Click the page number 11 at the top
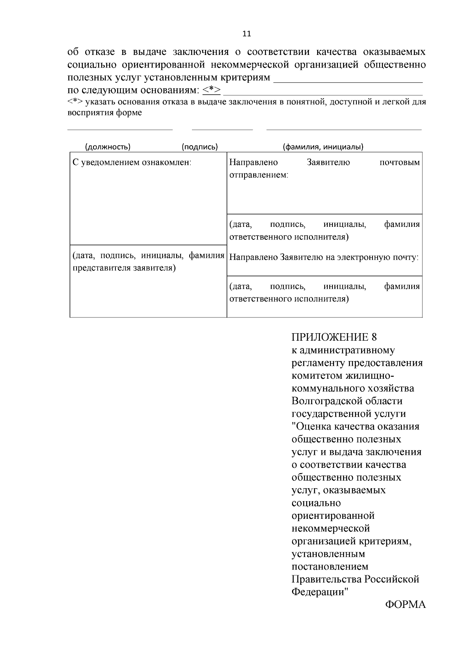coord(247,34)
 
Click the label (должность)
coord(108,147)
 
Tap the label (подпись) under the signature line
coord(200,147)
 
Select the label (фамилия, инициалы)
coord(323,147)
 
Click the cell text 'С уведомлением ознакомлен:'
coord(132,162)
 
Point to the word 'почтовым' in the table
coord(400,162)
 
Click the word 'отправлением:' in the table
coord(259,175)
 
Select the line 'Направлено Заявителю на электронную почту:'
coord(324,257)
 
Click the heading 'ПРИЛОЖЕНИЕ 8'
coord(334,337)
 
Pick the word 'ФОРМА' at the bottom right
coord(405,605)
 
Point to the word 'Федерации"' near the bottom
coord(320,592)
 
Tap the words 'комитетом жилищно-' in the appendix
coord(343,376)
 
